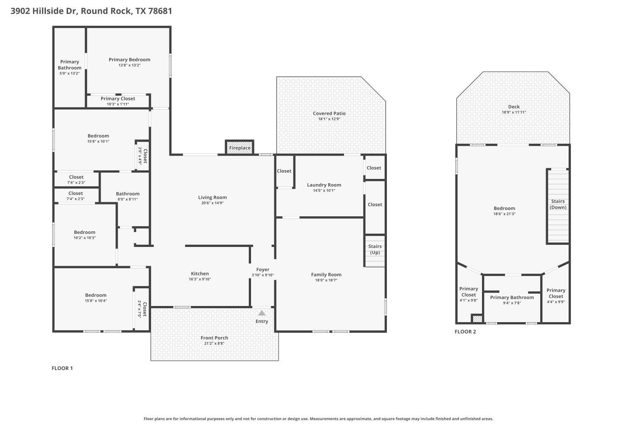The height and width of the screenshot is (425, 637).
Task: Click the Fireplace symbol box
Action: (240, 147)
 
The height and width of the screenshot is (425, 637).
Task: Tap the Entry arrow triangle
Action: (262, 313)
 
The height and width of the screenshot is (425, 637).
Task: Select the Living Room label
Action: (212, 197)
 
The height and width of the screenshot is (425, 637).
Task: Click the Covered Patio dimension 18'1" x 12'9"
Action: (329, 119)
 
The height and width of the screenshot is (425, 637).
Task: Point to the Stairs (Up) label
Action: (375, 249)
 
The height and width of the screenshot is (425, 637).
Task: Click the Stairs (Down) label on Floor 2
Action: (558, 204)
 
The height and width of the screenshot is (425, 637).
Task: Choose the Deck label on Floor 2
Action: (514, 107)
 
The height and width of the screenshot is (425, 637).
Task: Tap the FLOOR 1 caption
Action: (62, 368)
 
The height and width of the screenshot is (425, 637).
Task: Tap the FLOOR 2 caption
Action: (465, 331)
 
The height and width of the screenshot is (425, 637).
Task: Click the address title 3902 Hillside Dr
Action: (91, 11)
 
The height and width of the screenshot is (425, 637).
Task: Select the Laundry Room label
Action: (324, 185)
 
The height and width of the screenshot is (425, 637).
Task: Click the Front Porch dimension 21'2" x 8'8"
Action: (214, 343)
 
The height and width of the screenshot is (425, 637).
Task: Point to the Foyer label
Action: (262, 269)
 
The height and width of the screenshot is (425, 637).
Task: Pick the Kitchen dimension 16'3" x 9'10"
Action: (200, 279)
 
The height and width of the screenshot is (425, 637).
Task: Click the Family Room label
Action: (326, 275)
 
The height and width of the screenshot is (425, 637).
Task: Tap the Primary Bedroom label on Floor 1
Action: (130, 59)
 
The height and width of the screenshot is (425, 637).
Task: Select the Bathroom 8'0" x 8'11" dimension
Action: (128, 199)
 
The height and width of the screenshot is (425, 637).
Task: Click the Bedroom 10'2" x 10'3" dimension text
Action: (85, 238)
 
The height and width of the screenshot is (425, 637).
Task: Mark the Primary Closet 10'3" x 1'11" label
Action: (118, 99)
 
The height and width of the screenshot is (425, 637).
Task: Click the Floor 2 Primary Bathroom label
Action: (512, 297)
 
